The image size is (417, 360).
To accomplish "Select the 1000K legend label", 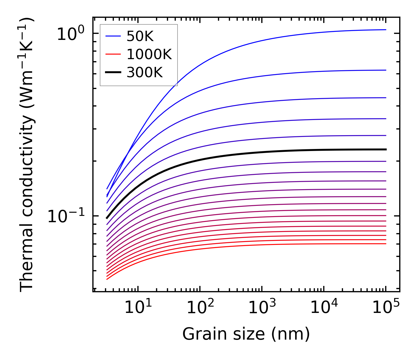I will coord(149,54).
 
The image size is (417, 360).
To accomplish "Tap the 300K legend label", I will coord(145,73).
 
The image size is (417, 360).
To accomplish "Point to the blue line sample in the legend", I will coord(114,36).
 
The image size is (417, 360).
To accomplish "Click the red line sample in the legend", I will coord(114,54).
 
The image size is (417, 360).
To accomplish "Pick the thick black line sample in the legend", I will coord(114,73).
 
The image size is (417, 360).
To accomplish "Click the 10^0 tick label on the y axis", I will coord(71,34).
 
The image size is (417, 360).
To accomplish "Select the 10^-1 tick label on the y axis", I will coord(66,216).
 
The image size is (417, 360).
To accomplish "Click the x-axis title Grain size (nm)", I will coord(246,334).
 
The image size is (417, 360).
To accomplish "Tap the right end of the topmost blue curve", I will coord(385,30).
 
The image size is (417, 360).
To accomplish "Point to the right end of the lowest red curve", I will coord(385,244).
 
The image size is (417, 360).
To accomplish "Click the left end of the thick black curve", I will coord(107,218).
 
